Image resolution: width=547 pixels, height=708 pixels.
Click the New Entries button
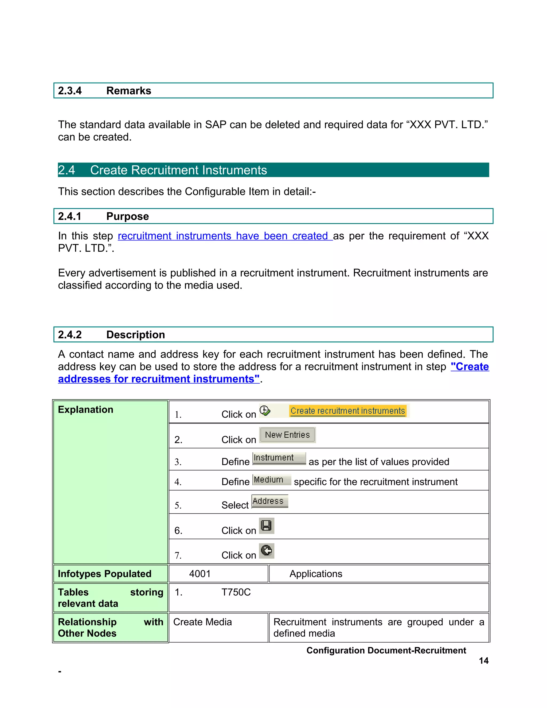[287, 435]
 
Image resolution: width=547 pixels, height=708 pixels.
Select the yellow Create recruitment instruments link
[347, 411]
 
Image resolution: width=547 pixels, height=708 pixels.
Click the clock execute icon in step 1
[265, 410]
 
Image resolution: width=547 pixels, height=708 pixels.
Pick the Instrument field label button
[279, 458]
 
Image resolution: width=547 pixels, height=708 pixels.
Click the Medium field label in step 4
[271, 480]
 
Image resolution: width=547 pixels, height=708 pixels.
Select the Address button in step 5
[269, 501]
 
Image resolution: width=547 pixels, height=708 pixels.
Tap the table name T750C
[236, 592]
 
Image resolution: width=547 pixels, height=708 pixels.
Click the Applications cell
[316, 574]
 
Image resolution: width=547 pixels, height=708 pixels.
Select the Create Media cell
[202, 622]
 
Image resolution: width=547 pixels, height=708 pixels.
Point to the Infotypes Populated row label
[104, 574]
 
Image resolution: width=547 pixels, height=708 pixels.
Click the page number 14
[483, 661]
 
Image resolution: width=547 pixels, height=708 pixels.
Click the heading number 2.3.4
[70, 91]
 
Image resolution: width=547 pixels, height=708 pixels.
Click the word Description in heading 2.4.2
[135, 334]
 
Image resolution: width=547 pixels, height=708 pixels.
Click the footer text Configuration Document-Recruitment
[386, 650]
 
